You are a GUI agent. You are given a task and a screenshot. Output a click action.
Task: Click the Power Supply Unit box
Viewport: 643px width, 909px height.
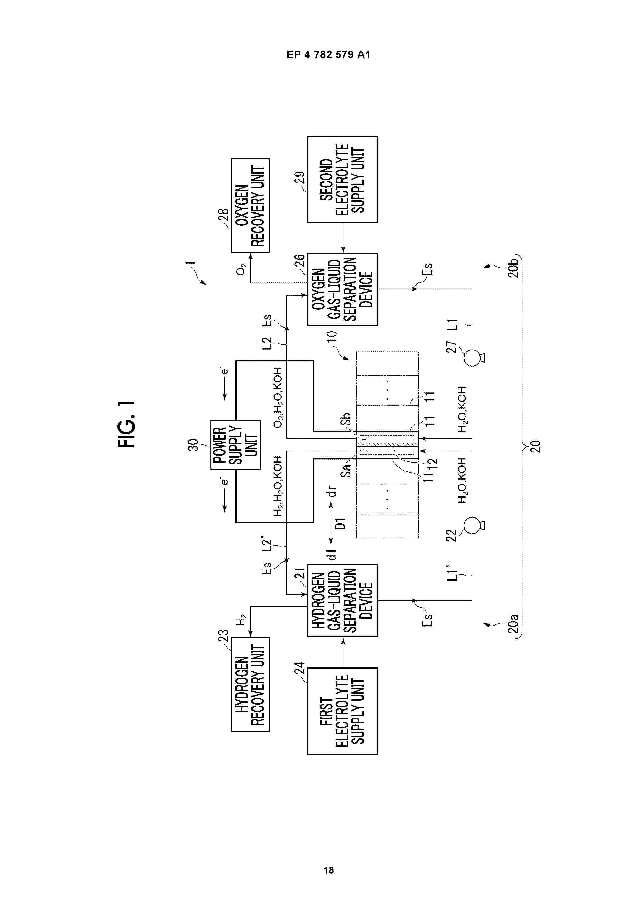236,445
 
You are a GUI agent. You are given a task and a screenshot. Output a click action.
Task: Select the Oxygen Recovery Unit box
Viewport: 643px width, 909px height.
250,205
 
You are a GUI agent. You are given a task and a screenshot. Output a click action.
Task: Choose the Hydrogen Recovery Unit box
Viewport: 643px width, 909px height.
250,685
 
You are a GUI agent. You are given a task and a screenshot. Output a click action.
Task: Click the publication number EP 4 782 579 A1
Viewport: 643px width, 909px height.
329,55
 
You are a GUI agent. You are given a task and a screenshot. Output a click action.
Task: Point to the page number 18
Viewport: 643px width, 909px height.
329,870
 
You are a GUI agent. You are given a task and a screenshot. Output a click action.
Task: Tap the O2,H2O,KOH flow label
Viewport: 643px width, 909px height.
278,397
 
